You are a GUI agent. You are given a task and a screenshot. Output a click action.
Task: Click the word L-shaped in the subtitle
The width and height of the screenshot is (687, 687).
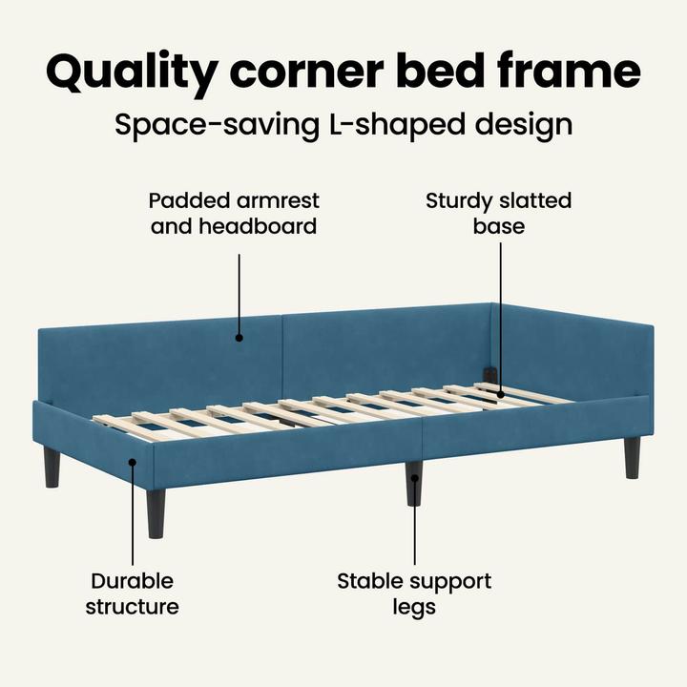(397, 126)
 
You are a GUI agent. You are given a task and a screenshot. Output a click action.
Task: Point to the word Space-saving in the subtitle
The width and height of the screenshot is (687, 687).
(217, 126)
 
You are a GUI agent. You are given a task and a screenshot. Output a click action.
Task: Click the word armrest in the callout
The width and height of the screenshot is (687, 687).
(278, 200)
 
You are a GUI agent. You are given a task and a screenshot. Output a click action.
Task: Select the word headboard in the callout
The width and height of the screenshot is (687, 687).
(258, 226)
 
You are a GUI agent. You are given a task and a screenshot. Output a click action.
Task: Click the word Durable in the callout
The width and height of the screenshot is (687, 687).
(132, 581)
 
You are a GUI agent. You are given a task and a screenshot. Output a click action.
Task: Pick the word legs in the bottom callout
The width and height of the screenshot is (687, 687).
(414, 608)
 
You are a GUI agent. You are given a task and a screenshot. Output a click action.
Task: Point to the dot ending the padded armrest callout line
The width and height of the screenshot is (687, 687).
(239, 338)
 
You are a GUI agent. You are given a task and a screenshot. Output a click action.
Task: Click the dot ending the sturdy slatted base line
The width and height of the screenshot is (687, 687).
(500, 395)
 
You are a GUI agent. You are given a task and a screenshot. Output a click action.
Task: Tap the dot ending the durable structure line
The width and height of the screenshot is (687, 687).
(133, 462)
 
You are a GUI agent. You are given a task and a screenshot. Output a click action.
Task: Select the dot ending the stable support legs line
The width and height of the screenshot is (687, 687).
(414, 478)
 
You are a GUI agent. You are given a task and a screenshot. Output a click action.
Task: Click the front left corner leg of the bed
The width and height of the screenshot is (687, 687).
(156, 513)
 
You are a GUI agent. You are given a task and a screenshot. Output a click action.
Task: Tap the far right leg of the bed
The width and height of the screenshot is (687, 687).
(633, 457)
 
